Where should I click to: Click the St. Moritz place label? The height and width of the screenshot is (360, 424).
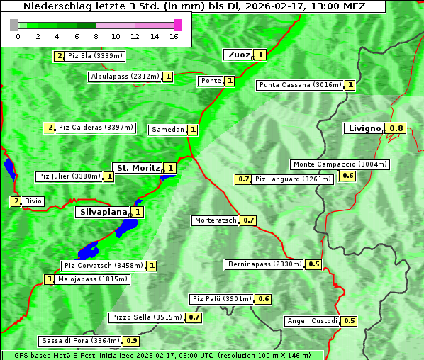pyautogui.click(x=137, y=168)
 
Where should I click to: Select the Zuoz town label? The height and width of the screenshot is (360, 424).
pyautogui.click(x=238, y=55)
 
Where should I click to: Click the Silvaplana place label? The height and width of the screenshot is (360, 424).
pyautogui.click(x=103, y=212)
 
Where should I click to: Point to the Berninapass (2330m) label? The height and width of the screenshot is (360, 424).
pyautogui.click(x=264, y=264)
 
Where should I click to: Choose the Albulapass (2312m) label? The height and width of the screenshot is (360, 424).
pyautogui.click(x=125, y=77)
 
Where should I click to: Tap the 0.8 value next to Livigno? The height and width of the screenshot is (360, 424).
pyautogui.click(x=397, y=128)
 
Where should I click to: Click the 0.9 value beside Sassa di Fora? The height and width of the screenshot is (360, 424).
pyautogui.click(x=131, y=341)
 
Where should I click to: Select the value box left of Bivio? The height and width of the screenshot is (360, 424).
pyautogui.click(x=16, y=201)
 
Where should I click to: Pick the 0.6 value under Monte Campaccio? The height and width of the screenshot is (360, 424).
pyautogui.click(x=347, y=176)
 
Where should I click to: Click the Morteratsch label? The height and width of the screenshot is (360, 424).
pyautogui.click(x=216, y=220)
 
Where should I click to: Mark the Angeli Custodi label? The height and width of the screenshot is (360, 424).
pyautogui.click(x=312, y=321)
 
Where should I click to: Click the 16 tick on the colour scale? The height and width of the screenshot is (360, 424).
pyautogui.click(x=174, y=36)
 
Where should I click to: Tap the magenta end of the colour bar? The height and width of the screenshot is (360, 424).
pyautogui.click(x=177, y=25)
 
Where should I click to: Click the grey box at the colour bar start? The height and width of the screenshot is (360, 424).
pyautogui.click(x=14, y=25)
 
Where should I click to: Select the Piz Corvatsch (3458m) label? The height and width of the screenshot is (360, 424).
pyautogui.click(x=103, y=266)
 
